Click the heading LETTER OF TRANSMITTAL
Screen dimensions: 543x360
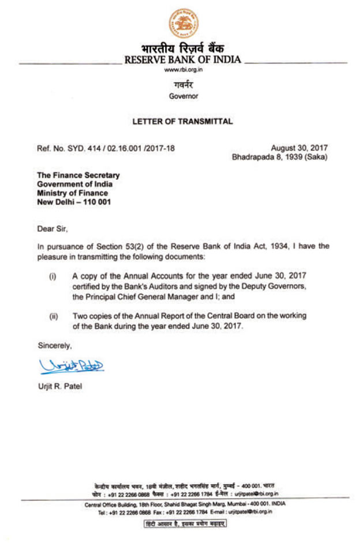point(182,122)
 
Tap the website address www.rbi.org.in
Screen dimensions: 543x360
point(183,70)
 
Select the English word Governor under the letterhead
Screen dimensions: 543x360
point(183,96)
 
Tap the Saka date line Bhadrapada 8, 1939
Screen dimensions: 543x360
point(279,157)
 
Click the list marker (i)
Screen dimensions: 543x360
point(52,277)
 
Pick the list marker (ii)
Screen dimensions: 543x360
point(52,316)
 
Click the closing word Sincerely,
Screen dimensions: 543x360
point(54,346)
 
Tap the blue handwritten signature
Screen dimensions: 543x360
point(71,365)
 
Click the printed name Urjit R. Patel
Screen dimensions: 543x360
point(59,386)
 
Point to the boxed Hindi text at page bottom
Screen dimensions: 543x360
point(185,523)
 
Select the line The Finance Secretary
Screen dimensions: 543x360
point(78,175)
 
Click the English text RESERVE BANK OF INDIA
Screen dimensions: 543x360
point(183,59)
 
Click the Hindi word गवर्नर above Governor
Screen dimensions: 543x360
point(183,85)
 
